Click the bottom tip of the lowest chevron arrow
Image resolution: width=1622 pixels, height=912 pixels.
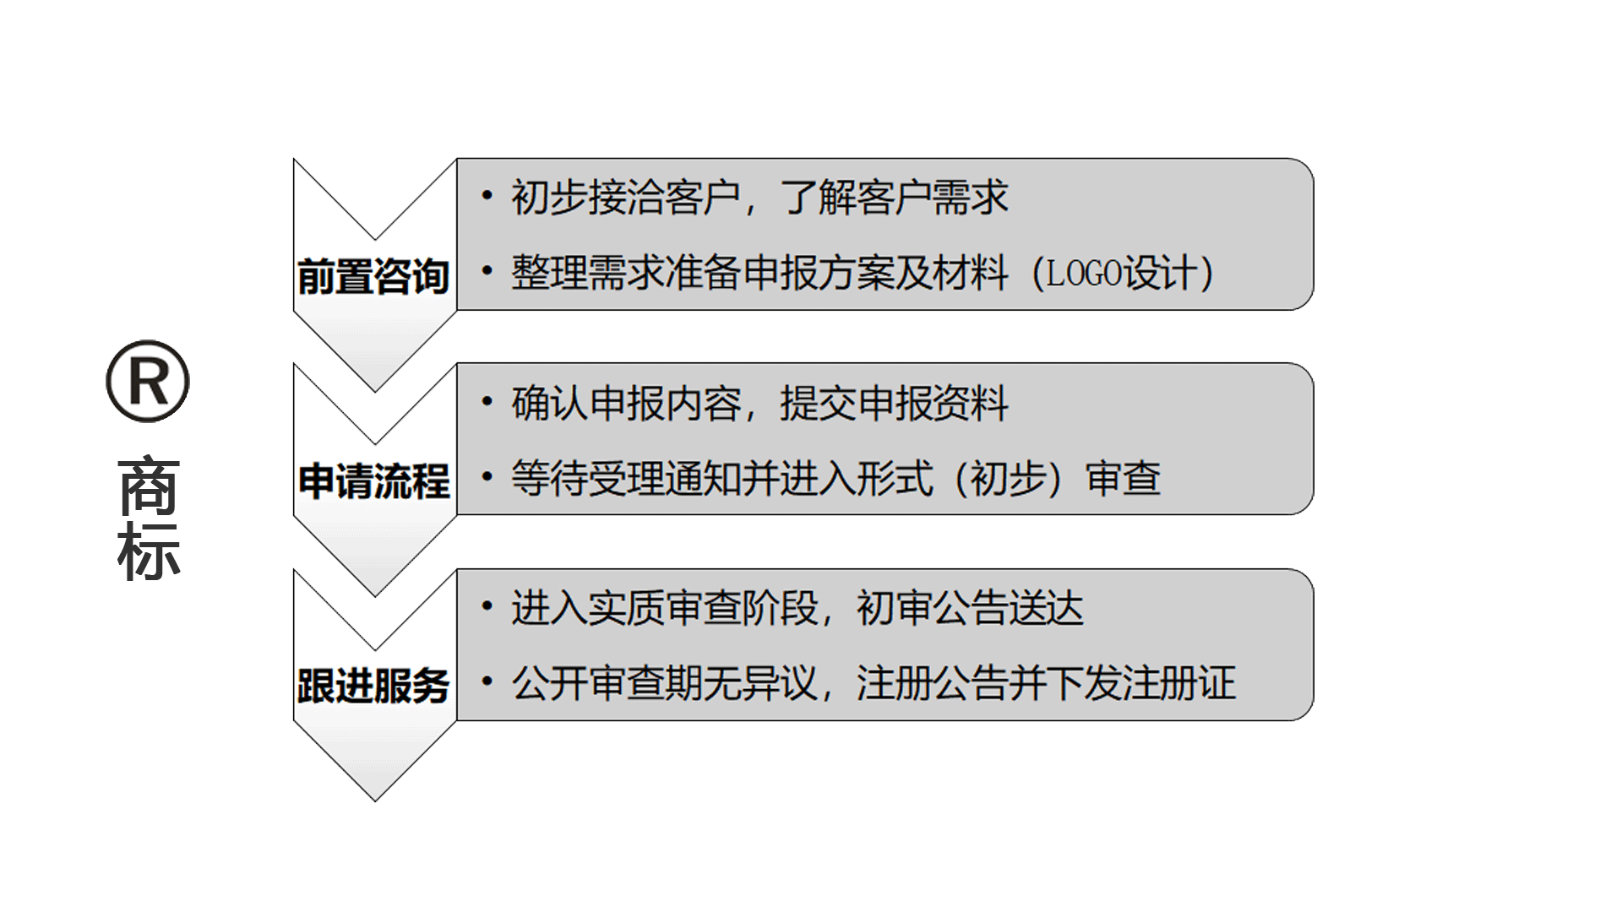[x=375, y=801]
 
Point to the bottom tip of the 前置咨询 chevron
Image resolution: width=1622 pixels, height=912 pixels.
[x=375, y=391]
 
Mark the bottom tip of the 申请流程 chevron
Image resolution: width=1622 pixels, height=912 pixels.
[x=375, y=596]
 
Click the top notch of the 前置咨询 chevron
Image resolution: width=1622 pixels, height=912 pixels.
[x=375, y=239]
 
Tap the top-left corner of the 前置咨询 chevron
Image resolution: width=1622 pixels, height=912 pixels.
[x=294, y=159]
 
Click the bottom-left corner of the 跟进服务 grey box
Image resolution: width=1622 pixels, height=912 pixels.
[x=457, y=720]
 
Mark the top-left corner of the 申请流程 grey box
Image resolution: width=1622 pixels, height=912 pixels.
[x=457, y=363]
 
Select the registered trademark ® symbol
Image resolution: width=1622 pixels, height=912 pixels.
[x=148, y=382]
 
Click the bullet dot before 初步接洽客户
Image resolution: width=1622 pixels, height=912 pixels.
[x=487, y=197]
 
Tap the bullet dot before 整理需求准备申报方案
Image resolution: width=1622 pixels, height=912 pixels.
[x=487, y=271]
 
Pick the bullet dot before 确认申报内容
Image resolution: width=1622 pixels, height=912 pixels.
[x=487, y=402]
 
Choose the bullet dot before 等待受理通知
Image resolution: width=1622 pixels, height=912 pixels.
[x=487, y=476]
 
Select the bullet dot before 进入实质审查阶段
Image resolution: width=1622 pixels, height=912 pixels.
[x=487, y=606]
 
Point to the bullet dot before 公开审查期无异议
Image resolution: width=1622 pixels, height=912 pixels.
[x=487, y=681]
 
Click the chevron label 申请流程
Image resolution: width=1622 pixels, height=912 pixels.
[x=374, y=481]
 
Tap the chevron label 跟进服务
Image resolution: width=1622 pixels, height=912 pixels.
[x=374, y=686]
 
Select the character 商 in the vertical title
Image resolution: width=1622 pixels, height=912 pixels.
[x=149, y=487]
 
